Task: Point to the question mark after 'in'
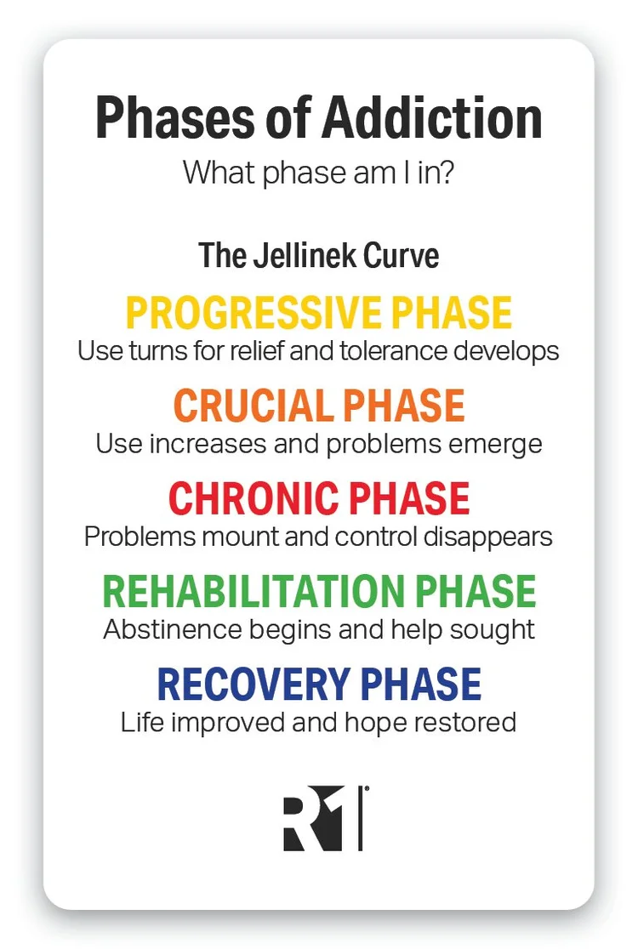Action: point(446,173)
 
